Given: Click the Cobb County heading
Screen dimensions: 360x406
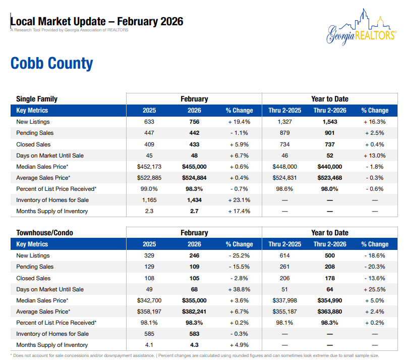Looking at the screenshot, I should [x=51, y=64].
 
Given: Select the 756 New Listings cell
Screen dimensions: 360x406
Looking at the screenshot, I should [x=194, y=122].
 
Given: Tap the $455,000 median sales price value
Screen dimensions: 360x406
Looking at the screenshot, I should [x=194, y=167].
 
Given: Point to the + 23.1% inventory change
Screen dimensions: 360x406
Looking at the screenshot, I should [x=239, y=200].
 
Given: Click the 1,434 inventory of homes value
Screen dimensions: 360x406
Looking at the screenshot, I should [x=194, y=200].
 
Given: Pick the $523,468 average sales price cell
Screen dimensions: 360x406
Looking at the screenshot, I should [x=330, y=178].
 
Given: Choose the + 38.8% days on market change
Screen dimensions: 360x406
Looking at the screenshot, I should [x=239, y=289].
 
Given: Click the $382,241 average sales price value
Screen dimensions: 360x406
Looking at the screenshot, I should [x=194, y=312].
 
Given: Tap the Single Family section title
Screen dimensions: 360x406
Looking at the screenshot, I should [x=37, y=99].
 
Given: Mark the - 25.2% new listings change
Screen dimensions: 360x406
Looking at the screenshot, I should [x=239, y=255].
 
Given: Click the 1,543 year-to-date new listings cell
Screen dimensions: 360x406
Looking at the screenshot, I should [x=330, y=122].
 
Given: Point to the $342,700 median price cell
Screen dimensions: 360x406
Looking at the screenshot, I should [x=149, y=300].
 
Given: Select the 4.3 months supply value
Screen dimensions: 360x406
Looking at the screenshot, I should [x=194, y=345].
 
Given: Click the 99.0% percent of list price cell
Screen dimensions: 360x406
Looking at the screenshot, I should [x=149, y=189].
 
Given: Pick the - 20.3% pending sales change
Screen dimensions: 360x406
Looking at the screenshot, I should [x=375, y=267].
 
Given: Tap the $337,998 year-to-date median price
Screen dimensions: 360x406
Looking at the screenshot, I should [x=284, y=300].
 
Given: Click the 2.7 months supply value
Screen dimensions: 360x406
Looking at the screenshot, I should [x=194, y=211].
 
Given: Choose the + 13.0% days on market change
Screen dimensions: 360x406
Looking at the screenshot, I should [x=375, y=156].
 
